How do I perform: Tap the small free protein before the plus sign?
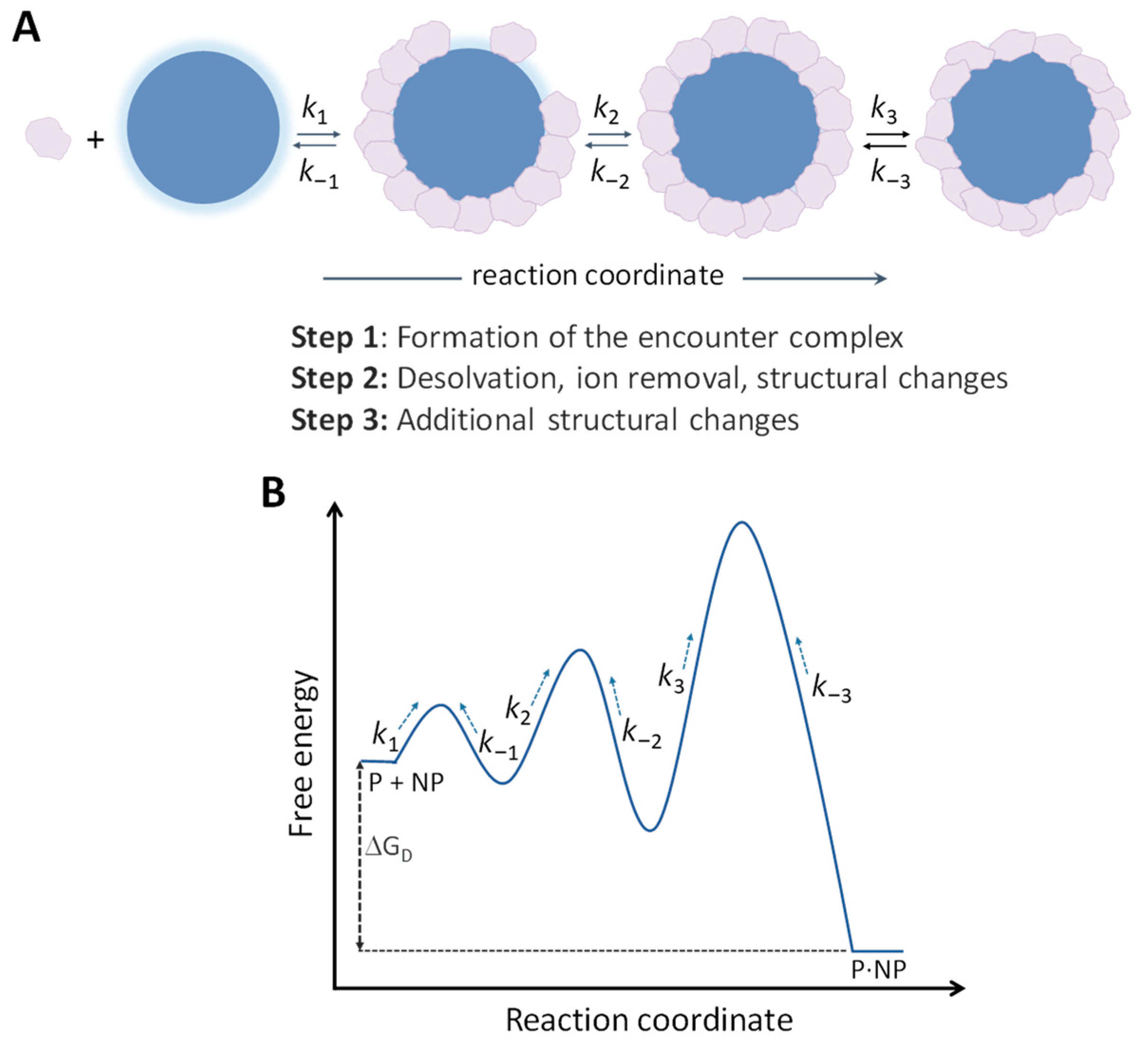click(48, 138)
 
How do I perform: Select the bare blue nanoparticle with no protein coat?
click(203, 127)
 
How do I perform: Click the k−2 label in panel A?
click(609, 172)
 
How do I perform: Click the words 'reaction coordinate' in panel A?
click(598, 276)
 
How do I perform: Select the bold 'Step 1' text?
click(334, 337)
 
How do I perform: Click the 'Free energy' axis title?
click(301, 754)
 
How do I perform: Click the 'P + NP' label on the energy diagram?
click(406, 783)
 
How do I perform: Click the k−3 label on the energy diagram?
click(831, 689)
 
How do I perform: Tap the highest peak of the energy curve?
click(741, 522)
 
